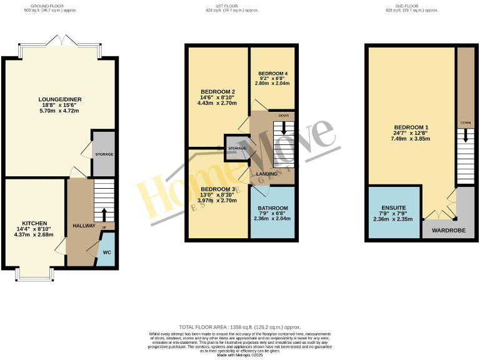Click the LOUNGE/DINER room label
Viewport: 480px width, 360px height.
click(x=60, y=99)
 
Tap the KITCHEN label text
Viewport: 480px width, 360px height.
click(x=34, y=223)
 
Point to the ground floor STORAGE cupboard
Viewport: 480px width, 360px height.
click(x=104, y=153)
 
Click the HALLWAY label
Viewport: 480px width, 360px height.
click(x=83, y=226)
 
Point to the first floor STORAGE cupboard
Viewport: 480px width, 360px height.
click(x=236, y=148)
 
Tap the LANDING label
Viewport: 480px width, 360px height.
click(x=267, y=173)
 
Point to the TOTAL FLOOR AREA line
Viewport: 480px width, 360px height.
click(x=239, y=327)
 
